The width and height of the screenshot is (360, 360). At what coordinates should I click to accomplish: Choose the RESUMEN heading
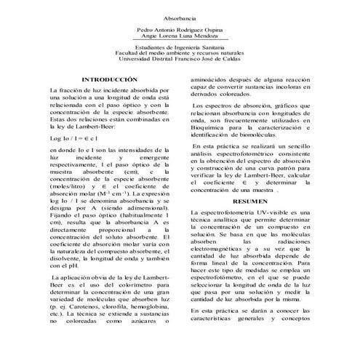251,199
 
